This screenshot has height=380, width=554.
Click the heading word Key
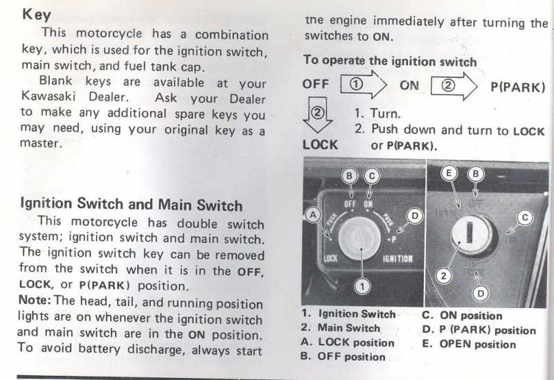(37, 15)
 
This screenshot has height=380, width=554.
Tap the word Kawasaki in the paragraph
(48, 96)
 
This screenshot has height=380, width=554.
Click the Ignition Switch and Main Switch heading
(132, 204)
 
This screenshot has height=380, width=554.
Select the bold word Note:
(35, 300)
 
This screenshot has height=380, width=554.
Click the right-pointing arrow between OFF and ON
(364, 84)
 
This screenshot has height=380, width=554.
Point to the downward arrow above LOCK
(317, 114)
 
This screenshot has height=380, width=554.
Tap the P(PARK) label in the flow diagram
(518, 87)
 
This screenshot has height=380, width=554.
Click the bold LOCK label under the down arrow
(320, 145)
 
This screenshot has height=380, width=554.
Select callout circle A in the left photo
(313, 215)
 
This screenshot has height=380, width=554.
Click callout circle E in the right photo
(449, 173)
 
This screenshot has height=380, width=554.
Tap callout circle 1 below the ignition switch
(362, 286)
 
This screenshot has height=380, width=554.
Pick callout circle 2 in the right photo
(443, 275)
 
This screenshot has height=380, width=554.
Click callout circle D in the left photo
(415, 216)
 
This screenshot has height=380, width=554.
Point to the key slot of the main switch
(470, 232)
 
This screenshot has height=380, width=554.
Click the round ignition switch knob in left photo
(359, 238)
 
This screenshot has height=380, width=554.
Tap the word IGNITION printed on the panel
(397, 259)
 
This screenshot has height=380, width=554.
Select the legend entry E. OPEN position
(469, 344)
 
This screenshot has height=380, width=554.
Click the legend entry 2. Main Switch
(341, 328)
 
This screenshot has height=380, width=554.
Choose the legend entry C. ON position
(462, 316)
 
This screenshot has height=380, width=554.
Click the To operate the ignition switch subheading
(390, 61)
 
